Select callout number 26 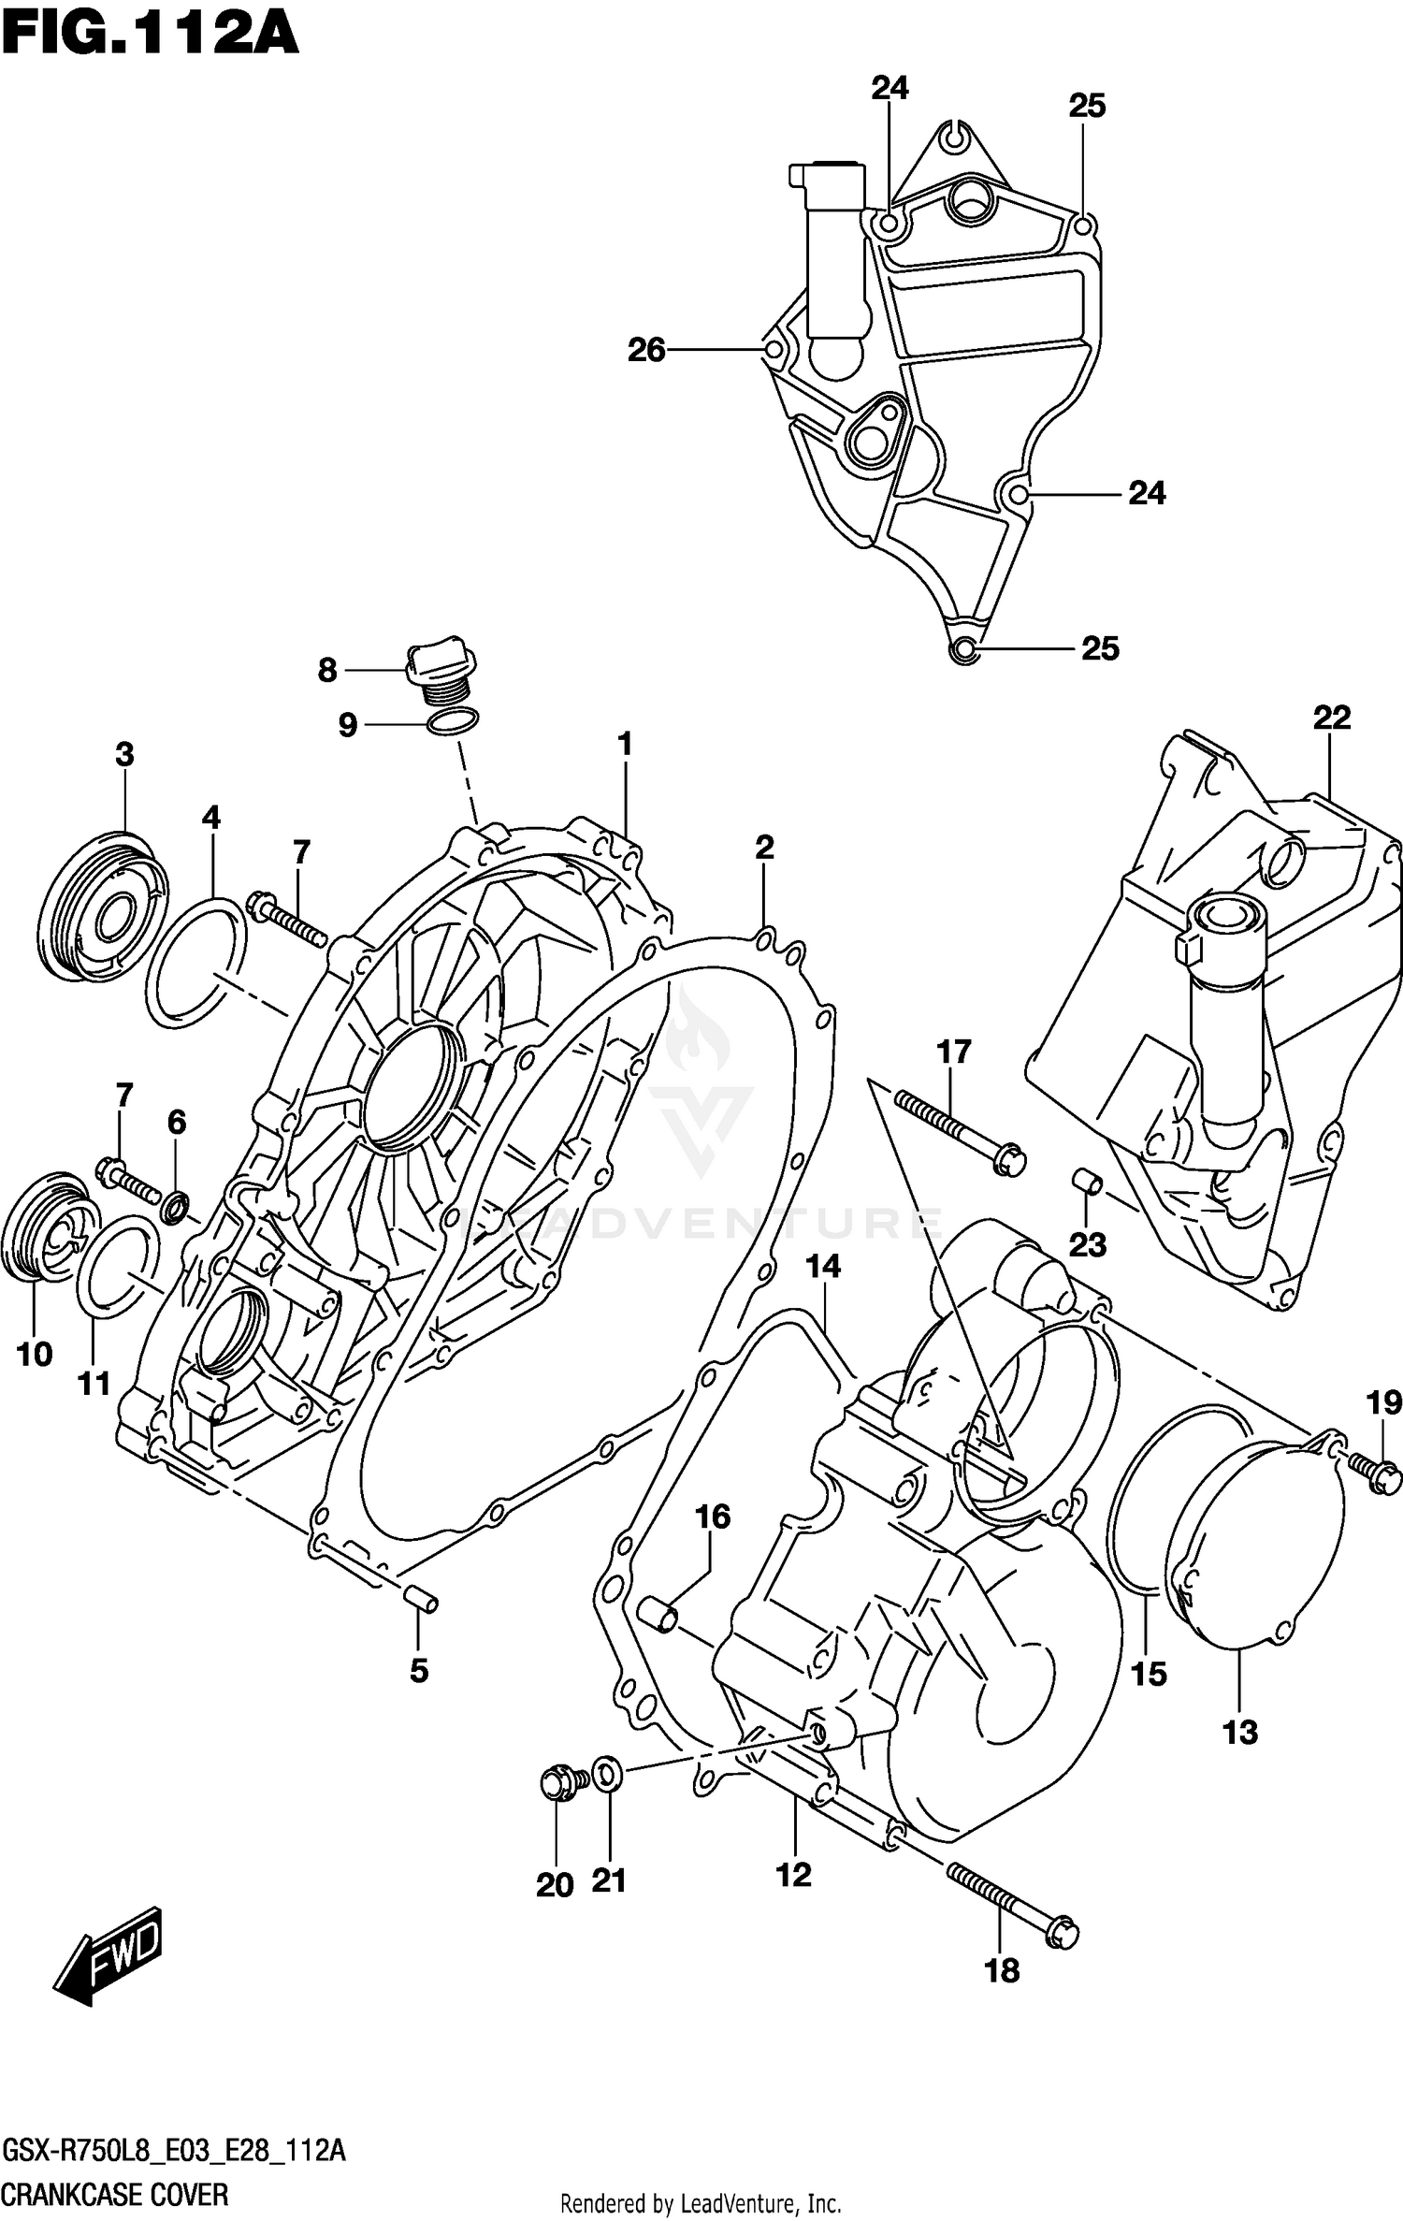pos(646,350)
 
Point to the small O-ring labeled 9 pos(453,722)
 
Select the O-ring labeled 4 pos(196,964)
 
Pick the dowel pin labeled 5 pos(420,1601)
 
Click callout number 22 pos(1332,718)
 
